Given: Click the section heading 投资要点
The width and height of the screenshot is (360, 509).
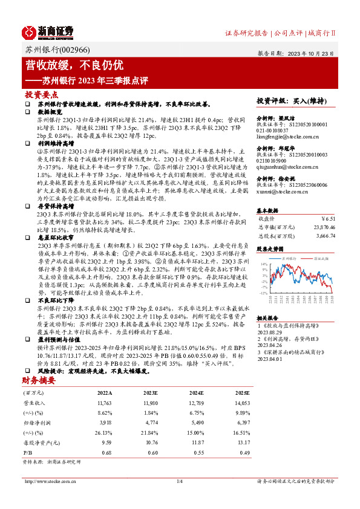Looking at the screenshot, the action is [x=41, y=95].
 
